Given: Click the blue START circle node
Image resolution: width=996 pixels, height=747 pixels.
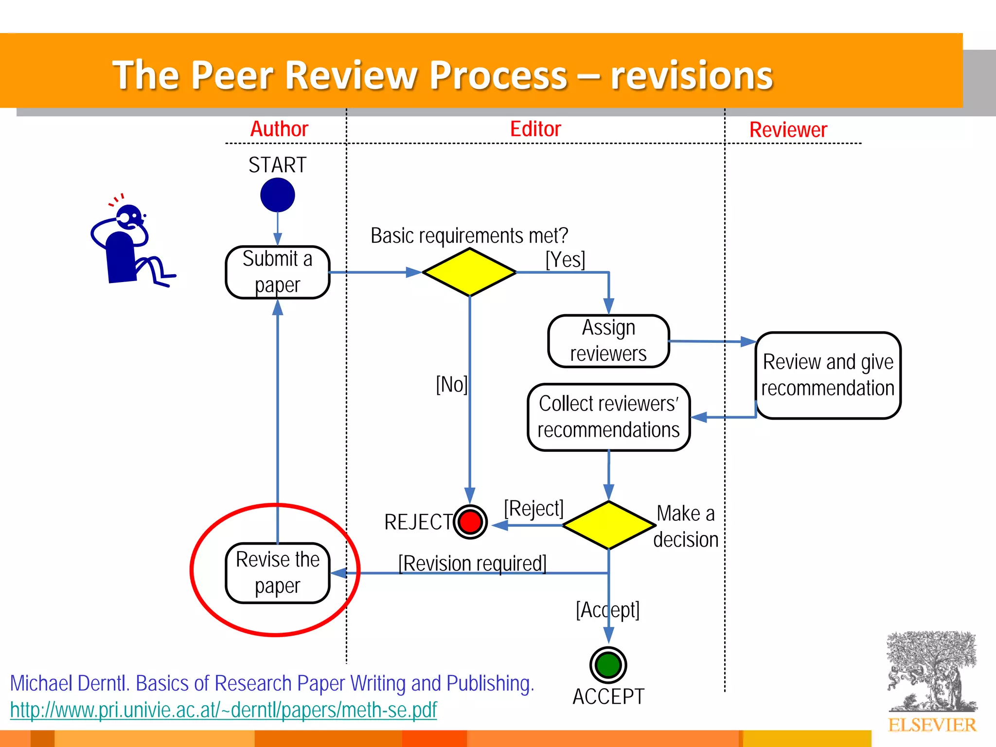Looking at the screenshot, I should pos(277,195).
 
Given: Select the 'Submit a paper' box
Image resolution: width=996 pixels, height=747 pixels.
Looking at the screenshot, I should pos(277,272).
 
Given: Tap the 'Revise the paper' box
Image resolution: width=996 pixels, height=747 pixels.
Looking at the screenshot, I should pos(277,573).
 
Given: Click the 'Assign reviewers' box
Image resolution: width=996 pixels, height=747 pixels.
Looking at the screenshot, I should pos(608,341).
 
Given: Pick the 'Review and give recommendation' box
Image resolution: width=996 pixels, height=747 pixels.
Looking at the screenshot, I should pos(828,375).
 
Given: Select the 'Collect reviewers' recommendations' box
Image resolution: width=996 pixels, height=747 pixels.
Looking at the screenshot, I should pos(608,417).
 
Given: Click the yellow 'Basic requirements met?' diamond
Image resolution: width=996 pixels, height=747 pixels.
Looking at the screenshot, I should pos(469,272).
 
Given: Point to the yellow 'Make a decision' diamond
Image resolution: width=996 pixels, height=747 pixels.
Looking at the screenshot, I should pos(608,525).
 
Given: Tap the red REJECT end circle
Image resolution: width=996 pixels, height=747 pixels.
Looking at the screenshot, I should pos(470,522).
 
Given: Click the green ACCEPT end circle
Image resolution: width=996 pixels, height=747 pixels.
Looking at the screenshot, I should pos(608,665).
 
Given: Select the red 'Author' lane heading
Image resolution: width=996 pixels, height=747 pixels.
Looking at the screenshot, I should pos(279,129).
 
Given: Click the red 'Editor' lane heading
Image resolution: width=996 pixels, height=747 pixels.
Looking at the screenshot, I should pos(535,129).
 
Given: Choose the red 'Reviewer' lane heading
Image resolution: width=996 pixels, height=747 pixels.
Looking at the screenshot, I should pos(788,130).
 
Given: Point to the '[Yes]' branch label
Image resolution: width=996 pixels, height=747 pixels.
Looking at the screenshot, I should pos(565,260).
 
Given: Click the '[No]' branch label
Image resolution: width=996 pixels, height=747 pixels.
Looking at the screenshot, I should pos(451,385).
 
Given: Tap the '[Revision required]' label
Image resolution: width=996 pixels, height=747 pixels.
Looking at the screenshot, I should pos(472,563).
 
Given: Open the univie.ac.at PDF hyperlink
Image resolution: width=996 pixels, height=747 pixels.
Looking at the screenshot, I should pos(223,710).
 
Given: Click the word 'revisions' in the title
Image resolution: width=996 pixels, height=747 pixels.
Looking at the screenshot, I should pos(691,75).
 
